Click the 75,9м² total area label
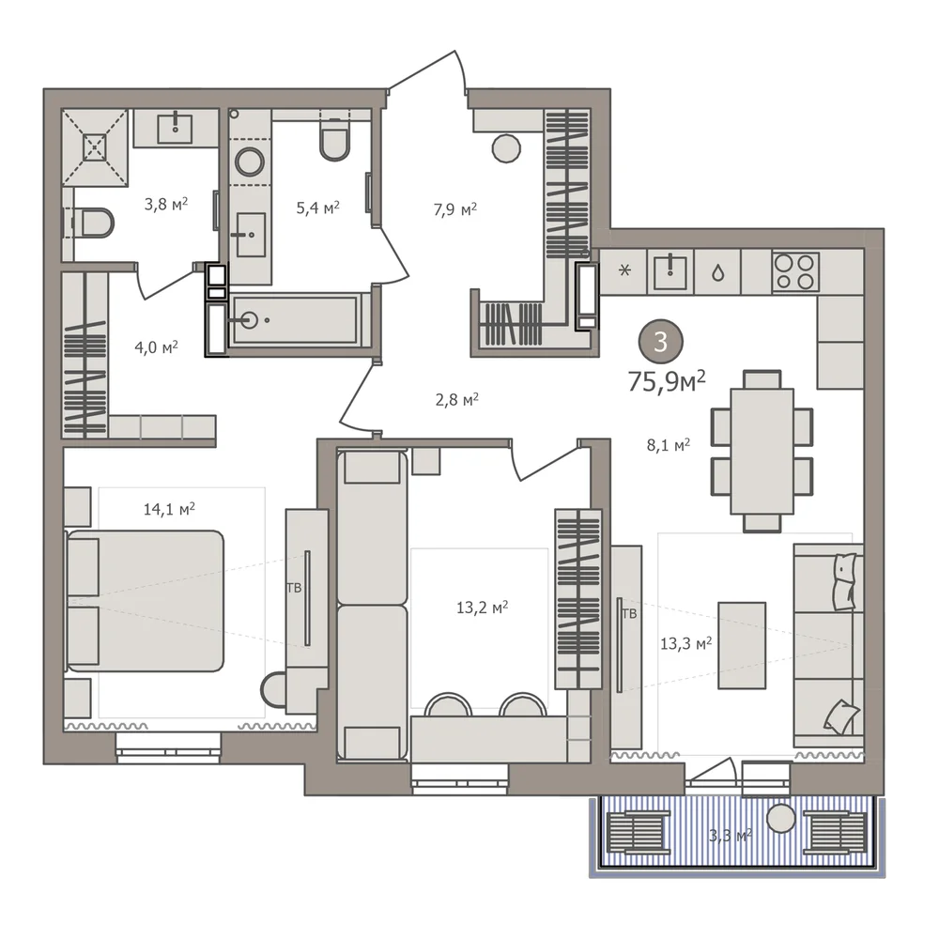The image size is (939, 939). click(667, 381)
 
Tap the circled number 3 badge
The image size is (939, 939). click(661, 342)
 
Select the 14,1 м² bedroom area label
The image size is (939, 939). click(169, 509)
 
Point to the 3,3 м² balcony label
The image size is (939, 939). click(730, 834)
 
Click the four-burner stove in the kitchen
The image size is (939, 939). click(796, 271)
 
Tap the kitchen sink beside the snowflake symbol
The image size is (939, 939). click(670, 271)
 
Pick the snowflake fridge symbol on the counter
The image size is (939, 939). click(624, 270)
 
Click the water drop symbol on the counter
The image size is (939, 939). click(717, 273)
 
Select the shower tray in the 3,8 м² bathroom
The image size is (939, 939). click(95, 147)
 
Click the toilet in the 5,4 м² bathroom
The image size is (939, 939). click(335, 139)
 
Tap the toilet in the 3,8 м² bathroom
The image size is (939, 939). click(92, 223)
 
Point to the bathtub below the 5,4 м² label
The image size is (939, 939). click(294, 320)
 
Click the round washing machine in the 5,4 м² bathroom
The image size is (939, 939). click(250, 162)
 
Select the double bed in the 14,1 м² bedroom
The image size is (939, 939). click(144, 601)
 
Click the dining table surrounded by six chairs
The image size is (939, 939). click(762, 451)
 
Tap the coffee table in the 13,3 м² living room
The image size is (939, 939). click(742, 646)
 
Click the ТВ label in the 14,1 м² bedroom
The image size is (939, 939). click(294, 588)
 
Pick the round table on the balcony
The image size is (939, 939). click(781, 818)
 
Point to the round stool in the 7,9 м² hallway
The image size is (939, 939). click(506, 148)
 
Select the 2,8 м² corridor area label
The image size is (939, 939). click(457, 399)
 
